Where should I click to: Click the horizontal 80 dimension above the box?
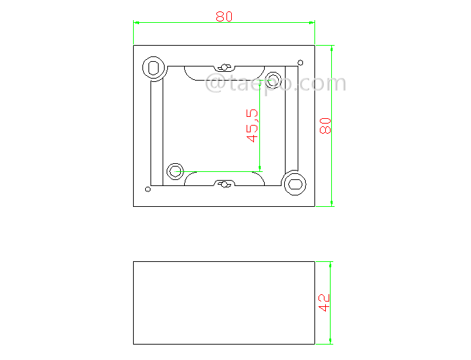pos(224,16)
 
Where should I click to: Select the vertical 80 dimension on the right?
pos(326,126)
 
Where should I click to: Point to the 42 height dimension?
pos(324,302)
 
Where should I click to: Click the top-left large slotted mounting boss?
pos(154,68)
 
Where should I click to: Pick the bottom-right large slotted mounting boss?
pos(294,183)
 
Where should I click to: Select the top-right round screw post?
pos(273,77)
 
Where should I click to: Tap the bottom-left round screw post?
pos(175,171)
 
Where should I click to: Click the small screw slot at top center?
pos(224,67)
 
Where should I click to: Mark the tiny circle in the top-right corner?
pos(300,62)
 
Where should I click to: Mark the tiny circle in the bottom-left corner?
pos(148,189)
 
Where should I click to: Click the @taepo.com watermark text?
pos(275,84)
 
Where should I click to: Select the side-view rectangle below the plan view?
pos(224,302)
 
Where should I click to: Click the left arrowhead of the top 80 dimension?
pos(136,23)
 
